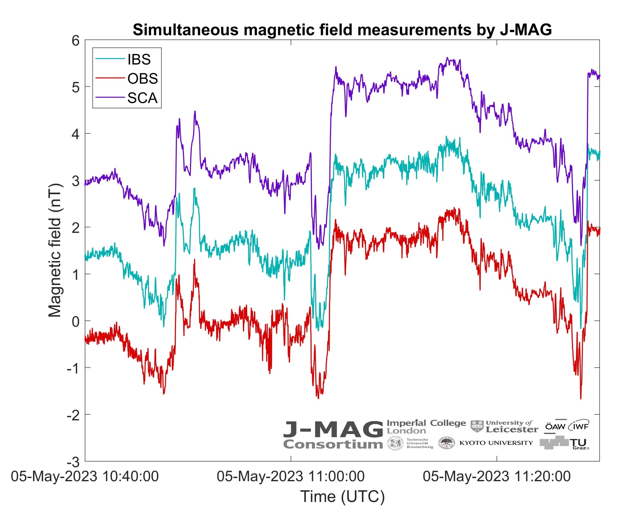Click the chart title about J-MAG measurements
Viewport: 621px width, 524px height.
click(342, 30)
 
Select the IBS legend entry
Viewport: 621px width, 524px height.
click(139, 59)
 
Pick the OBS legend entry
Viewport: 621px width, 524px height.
click(142, 79)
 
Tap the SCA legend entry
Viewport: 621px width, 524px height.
click(142, 98)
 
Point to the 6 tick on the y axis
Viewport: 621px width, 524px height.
click(76, 41)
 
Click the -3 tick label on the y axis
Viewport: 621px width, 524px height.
click(73, 462)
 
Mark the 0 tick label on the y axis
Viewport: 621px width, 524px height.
click(76, 321)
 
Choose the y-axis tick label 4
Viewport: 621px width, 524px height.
click(76, 134)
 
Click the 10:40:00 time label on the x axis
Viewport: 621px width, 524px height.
click(85, 476)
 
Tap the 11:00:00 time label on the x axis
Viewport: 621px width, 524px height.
click(291, 476)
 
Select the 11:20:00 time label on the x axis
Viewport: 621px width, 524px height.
click(496, 476)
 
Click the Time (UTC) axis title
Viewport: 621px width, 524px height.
click(342, 497)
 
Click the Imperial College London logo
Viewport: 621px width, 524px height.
click(426, 427)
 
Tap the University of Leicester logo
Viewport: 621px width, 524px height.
click(504, 427)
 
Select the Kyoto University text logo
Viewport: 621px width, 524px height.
click(496, 443)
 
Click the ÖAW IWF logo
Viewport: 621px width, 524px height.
click(567, 426)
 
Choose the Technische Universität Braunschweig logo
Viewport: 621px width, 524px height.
click(410, 443)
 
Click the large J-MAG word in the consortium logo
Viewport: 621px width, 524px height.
click(333, 429)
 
